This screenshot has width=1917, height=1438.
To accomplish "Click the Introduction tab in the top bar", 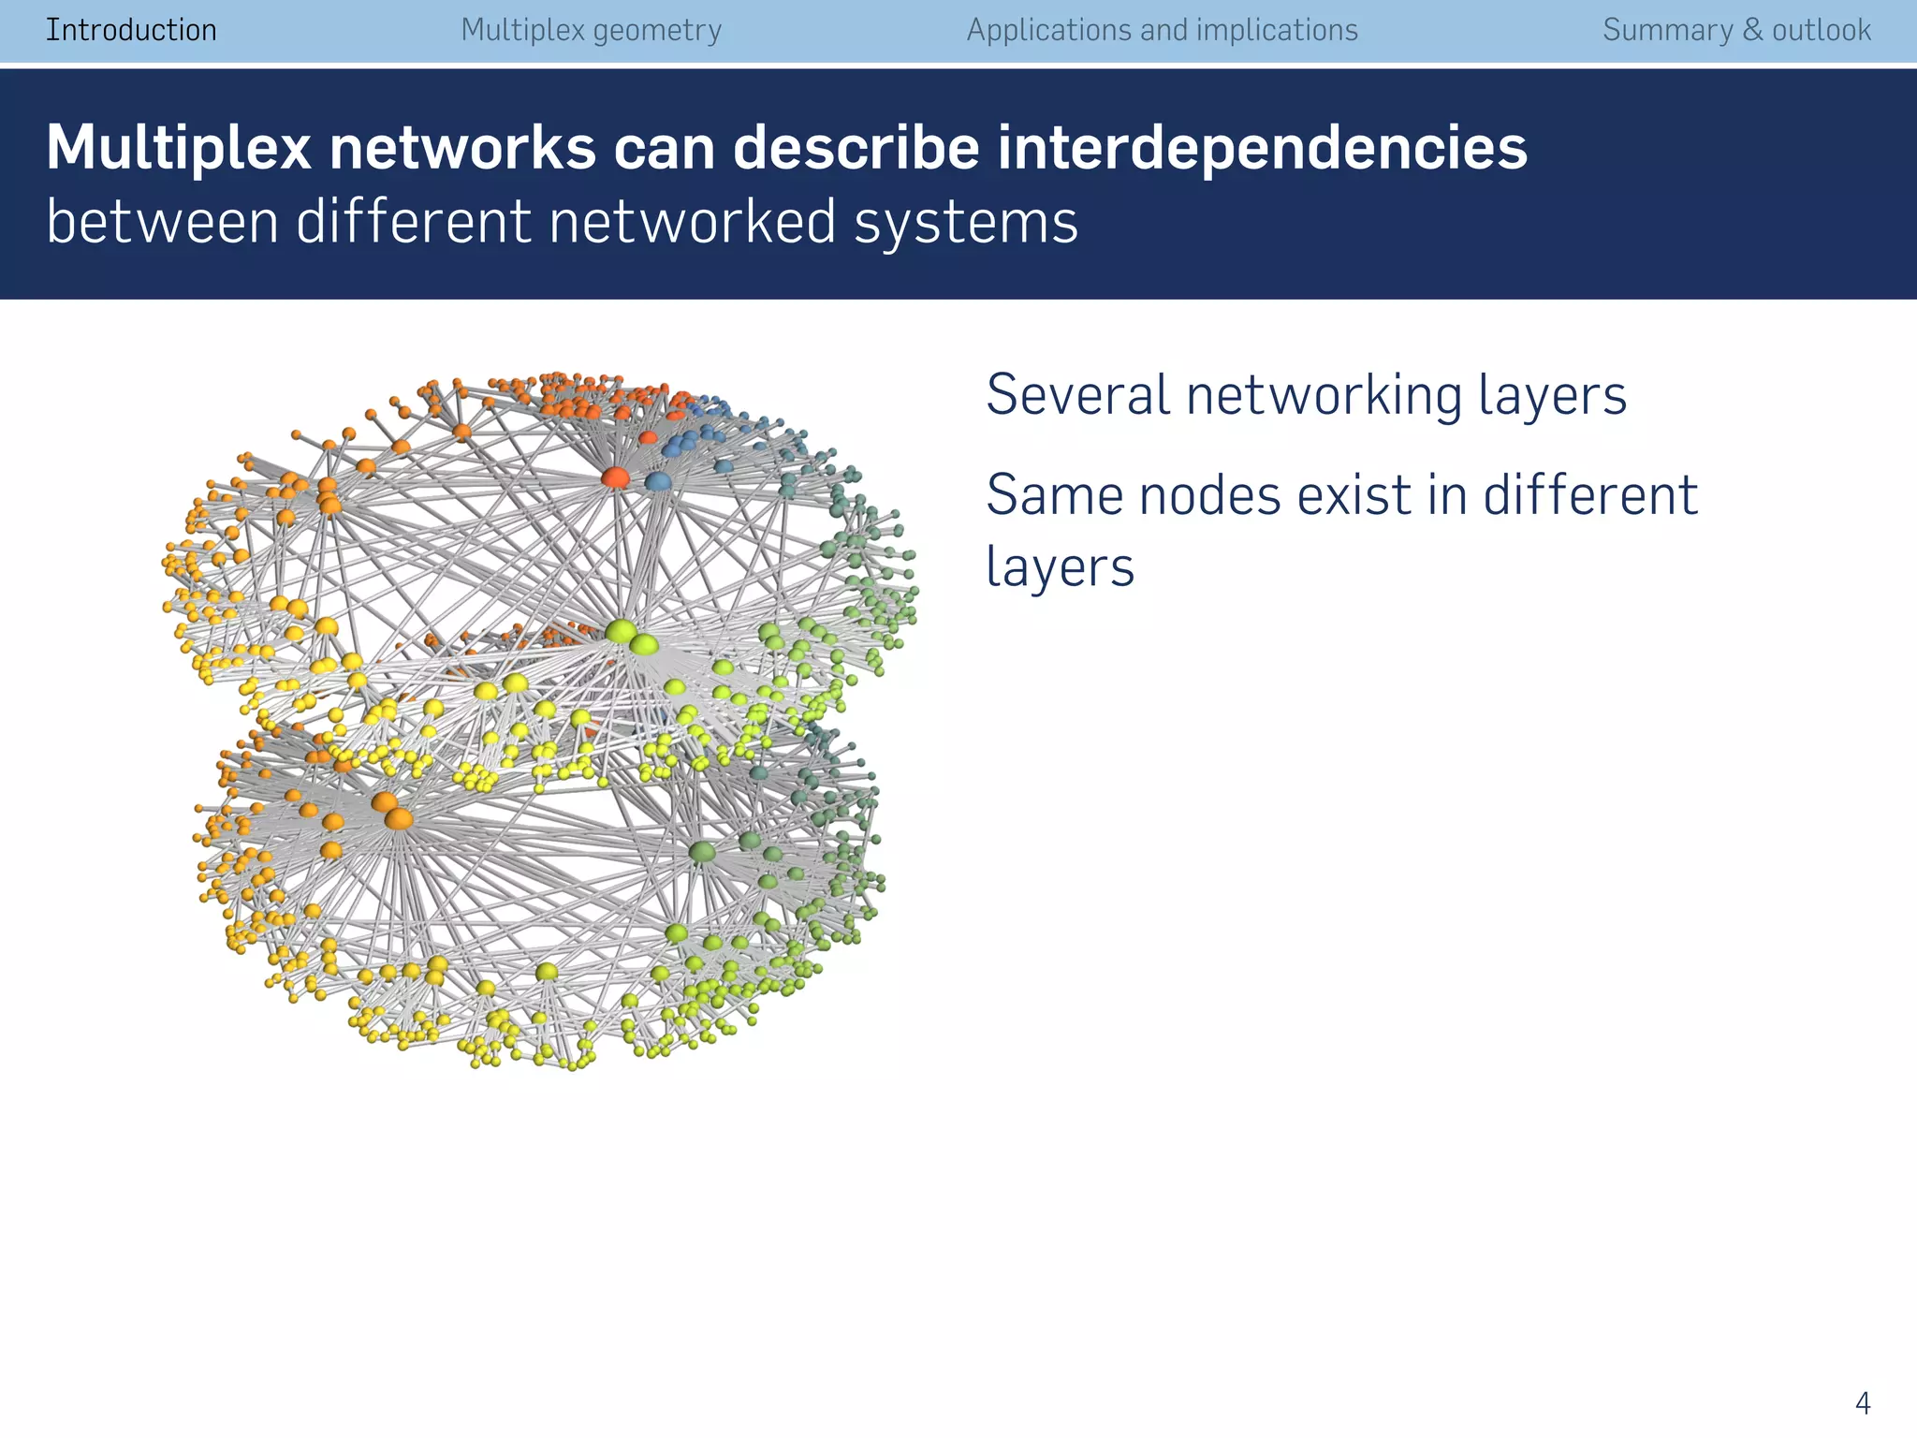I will pyautogui.click(x=131, y=30).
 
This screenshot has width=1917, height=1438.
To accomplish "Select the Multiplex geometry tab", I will pyautogui.click(x=591, y=30).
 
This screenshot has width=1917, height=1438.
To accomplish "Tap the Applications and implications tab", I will pyautogui.click(x=1162, y=30).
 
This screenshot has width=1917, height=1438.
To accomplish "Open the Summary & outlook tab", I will pyautogui.click(x=1736, y=30).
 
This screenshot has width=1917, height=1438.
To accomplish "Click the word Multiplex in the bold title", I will pyautogui.click(x=178, y=148).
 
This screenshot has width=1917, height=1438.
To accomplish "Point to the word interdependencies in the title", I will pyautogui.click(x=1261, y=148).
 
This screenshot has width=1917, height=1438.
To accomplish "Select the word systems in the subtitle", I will pyautogui.click(x=966, y=223).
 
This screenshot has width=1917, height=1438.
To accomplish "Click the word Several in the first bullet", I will pyautogui.click(x=1077, y=394).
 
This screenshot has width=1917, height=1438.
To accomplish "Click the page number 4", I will pyautogui.click(x=1862, y=1403).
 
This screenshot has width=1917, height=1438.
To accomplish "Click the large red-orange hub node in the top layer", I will pyautogui.click(x=615, y=477).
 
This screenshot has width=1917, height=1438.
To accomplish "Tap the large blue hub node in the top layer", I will pyautogui.click(x=658, y=482).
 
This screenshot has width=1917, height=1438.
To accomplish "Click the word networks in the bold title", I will pyautogui.click(x=462, y=148).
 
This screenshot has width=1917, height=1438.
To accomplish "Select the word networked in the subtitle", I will pyautogui.click(x=692, y=223).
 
